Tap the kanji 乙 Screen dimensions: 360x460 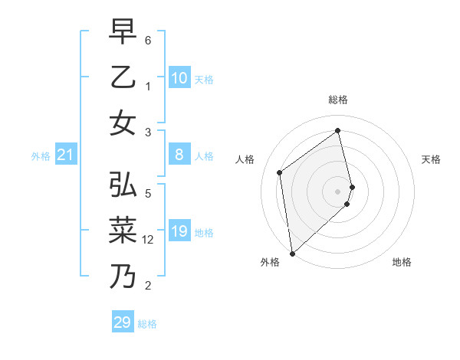pyautogui.click(x=123, y=77)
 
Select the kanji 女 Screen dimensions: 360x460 pyautogui.click(x=123, y=123)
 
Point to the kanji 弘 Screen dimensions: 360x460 pyautogui.click(x=123, y=185)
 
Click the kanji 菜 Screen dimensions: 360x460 pyautogui.click(x=123, y=231)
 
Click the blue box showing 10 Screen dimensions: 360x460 pyautogui.click(x=179, y=78)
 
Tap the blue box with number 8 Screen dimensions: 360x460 pyautogui.click(x=179, y=155)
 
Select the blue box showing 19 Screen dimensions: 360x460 pyautogui.click(x=179, y=232)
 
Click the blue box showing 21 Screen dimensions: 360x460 pyautogui.click(x=65, y=155)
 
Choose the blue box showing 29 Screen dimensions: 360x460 pyautogui.click(x=122, y=322)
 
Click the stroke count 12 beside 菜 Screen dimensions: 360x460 pyautogui.click(x=149, y=240)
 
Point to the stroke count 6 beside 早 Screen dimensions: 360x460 pyautogui.click(x=149, y=39)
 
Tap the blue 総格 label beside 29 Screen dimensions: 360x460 pyautogui.click(x=147, y=324)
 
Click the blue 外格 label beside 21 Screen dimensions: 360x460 pyautogui.click(x=41, y=156)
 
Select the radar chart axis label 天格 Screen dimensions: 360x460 pyautogui.click(x=431, y=159)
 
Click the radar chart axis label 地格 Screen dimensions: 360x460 pyautogui.click(x=402, y=262)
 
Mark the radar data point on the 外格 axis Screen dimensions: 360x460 pyautogui.click(x=292, y=253)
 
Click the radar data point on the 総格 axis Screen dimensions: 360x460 pyautogui.click(x=338, y=130)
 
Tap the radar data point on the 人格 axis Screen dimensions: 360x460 pyautogui.click(x=280, y=172)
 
